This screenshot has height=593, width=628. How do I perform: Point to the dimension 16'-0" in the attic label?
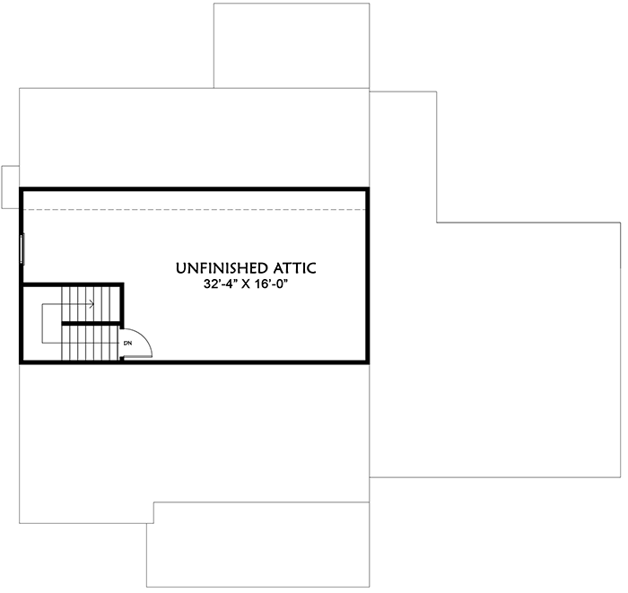[x=272, y=283]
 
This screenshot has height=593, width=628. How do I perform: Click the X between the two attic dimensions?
[x=246, y=284]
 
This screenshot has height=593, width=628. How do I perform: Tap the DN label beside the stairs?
[x=127, y=343]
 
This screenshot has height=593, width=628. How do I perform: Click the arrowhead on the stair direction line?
[x=92, y=304]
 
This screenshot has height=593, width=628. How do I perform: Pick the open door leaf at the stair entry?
[x=138, y=357]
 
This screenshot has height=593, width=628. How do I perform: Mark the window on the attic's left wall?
[x=22, y=249]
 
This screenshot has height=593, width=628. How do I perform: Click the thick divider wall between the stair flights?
[x=92, y=323]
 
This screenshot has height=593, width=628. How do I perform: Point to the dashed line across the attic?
[x=195, y=209]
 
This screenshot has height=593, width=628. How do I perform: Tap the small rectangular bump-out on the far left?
[x=11, y=187]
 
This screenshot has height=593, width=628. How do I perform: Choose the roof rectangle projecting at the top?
[x=292, y=46]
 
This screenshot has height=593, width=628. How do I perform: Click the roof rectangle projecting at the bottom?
[x=258, y=545]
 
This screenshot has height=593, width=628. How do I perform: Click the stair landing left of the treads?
[x=42, y=323]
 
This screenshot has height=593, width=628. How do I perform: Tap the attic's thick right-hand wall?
[x=367, y=275]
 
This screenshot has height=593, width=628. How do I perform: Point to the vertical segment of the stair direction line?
[x=42, y=324]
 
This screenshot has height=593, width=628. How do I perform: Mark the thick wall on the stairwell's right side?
[x=122, y=305]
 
